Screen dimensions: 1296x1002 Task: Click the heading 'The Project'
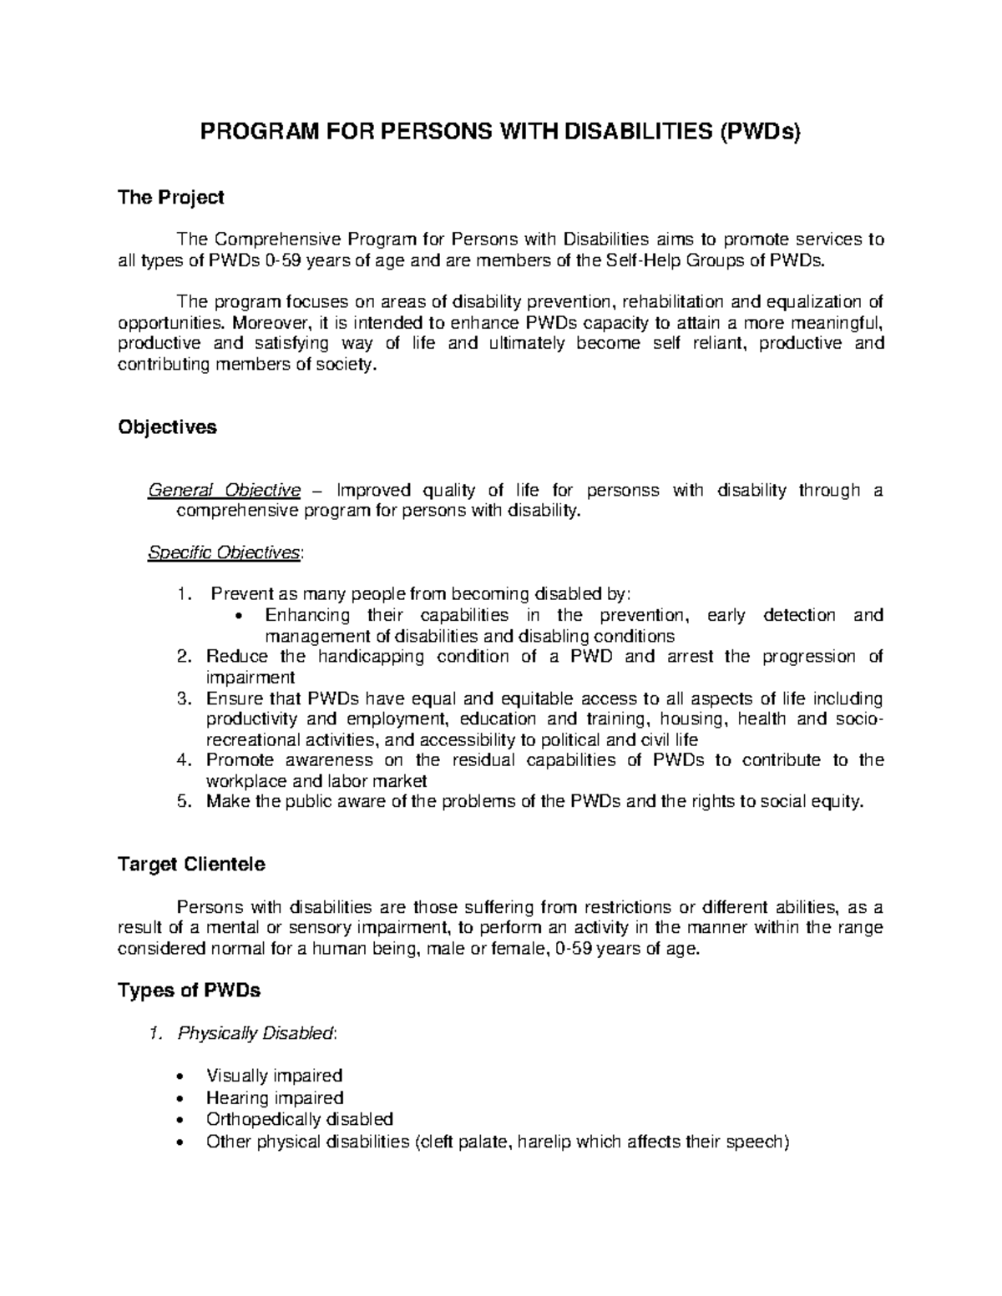(171, 198)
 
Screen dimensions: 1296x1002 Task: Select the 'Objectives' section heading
(167, 427)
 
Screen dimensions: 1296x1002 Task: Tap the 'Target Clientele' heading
(191, 865)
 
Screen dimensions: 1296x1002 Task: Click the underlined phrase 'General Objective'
(224, 490)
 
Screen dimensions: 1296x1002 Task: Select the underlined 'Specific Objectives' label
(224, 552)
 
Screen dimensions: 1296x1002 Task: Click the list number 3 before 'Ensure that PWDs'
(184, 698)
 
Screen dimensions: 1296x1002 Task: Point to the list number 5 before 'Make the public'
(184, 802)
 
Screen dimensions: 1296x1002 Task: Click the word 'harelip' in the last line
(545, 1142)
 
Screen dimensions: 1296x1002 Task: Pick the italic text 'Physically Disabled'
(255, 1034)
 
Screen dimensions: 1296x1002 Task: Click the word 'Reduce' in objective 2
(231, 657)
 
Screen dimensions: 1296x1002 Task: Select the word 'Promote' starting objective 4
(236, 760)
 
